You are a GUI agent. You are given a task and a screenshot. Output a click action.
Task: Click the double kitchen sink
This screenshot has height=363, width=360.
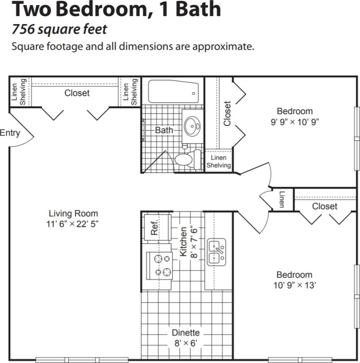point(217,252)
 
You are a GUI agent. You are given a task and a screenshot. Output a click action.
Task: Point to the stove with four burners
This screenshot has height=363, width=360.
point(159,265)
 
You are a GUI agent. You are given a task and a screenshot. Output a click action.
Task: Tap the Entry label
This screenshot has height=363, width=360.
point(10,133)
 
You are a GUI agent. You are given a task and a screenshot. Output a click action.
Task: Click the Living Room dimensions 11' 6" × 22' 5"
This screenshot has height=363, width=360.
point(73,224)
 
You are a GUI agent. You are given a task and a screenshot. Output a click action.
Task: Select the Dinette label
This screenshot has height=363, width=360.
point(185,333)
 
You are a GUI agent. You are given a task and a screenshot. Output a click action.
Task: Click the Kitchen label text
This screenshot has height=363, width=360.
point(184,241)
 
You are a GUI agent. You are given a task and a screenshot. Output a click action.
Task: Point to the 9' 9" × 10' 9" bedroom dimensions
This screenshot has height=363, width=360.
point(295,122)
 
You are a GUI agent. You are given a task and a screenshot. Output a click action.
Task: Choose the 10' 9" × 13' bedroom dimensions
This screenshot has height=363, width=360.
point(295,285)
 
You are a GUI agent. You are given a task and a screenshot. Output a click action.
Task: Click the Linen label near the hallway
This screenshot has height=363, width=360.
point(281,199)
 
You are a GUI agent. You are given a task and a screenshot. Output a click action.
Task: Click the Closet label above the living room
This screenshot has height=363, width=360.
point(77,93)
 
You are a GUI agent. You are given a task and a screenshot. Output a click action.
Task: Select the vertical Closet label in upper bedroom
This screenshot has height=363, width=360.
point(227,113)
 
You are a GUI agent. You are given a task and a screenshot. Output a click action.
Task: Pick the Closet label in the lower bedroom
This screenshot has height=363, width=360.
point(325,206)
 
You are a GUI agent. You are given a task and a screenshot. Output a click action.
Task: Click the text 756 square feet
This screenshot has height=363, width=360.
point(59,30)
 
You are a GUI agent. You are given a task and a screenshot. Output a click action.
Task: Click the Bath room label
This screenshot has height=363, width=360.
point(164,130)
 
